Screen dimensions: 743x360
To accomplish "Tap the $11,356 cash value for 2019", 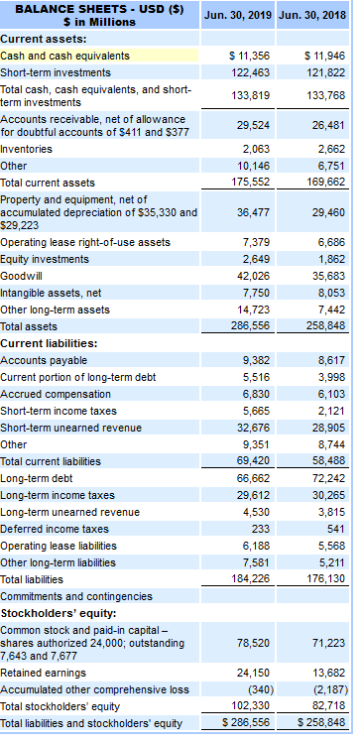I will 250,56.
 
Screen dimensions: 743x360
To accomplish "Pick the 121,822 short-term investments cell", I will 324,73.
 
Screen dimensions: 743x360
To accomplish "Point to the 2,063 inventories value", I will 257,148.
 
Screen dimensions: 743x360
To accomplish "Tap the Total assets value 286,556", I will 251,325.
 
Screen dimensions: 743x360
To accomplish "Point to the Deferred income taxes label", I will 55,529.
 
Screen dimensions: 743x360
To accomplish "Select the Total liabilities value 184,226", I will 251,578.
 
